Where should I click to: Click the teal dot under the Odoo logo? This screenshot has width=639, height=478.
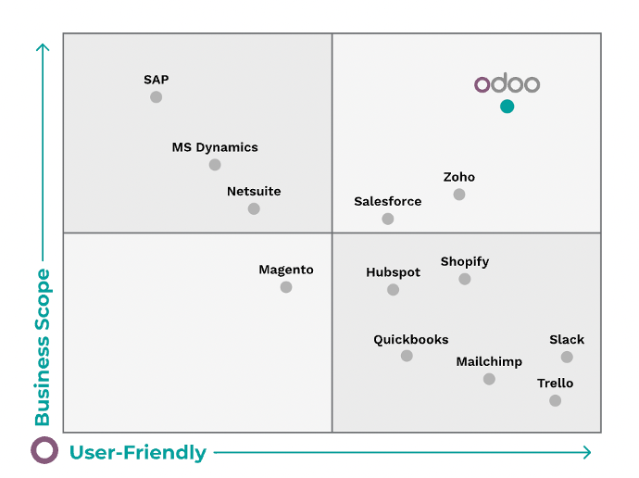[507, 107]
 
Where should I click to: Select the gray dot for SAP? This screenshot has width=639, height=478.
[156, 97]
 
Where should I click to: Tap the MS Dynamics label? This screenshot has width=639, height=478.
[215, 147]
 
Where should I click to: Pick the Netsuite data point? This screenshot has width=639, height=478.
[254, 208]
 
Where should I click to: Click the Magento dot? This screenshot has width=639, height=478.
[286, 287]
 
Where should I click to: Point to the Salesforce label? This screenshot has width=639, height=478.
[387, 201]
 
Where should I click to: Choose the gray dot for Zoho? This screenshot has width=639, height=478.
[459, 195]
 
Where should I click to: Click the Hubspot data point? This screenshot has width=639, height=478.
[393, 290]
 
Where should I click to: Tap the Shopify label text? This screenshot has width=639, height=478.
[464, 261]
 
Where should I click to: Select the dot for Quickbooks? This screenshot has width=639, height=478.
[407, 356]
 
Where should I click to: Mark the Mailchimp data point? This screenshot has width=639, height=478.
[489, 379]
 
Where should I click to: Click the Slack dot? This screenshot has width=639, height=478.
[567, 357]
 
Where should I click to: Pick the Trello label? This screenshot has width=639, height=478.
[555, 383]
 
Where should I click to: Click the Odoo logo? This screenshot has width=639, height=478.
[507, 84]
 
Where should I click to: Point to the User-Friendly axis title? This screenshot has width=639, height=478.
[138, 453]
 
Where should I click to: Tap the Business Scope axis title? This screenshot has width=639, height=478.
[43, 346]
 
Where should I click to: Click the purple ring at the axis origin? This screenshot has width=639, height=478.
[44, 451]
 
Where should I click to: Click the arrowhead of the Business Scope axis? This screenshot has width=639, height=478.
[42, 47]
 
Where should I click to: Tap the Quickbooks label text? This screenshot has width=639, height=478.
[410, 339]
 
